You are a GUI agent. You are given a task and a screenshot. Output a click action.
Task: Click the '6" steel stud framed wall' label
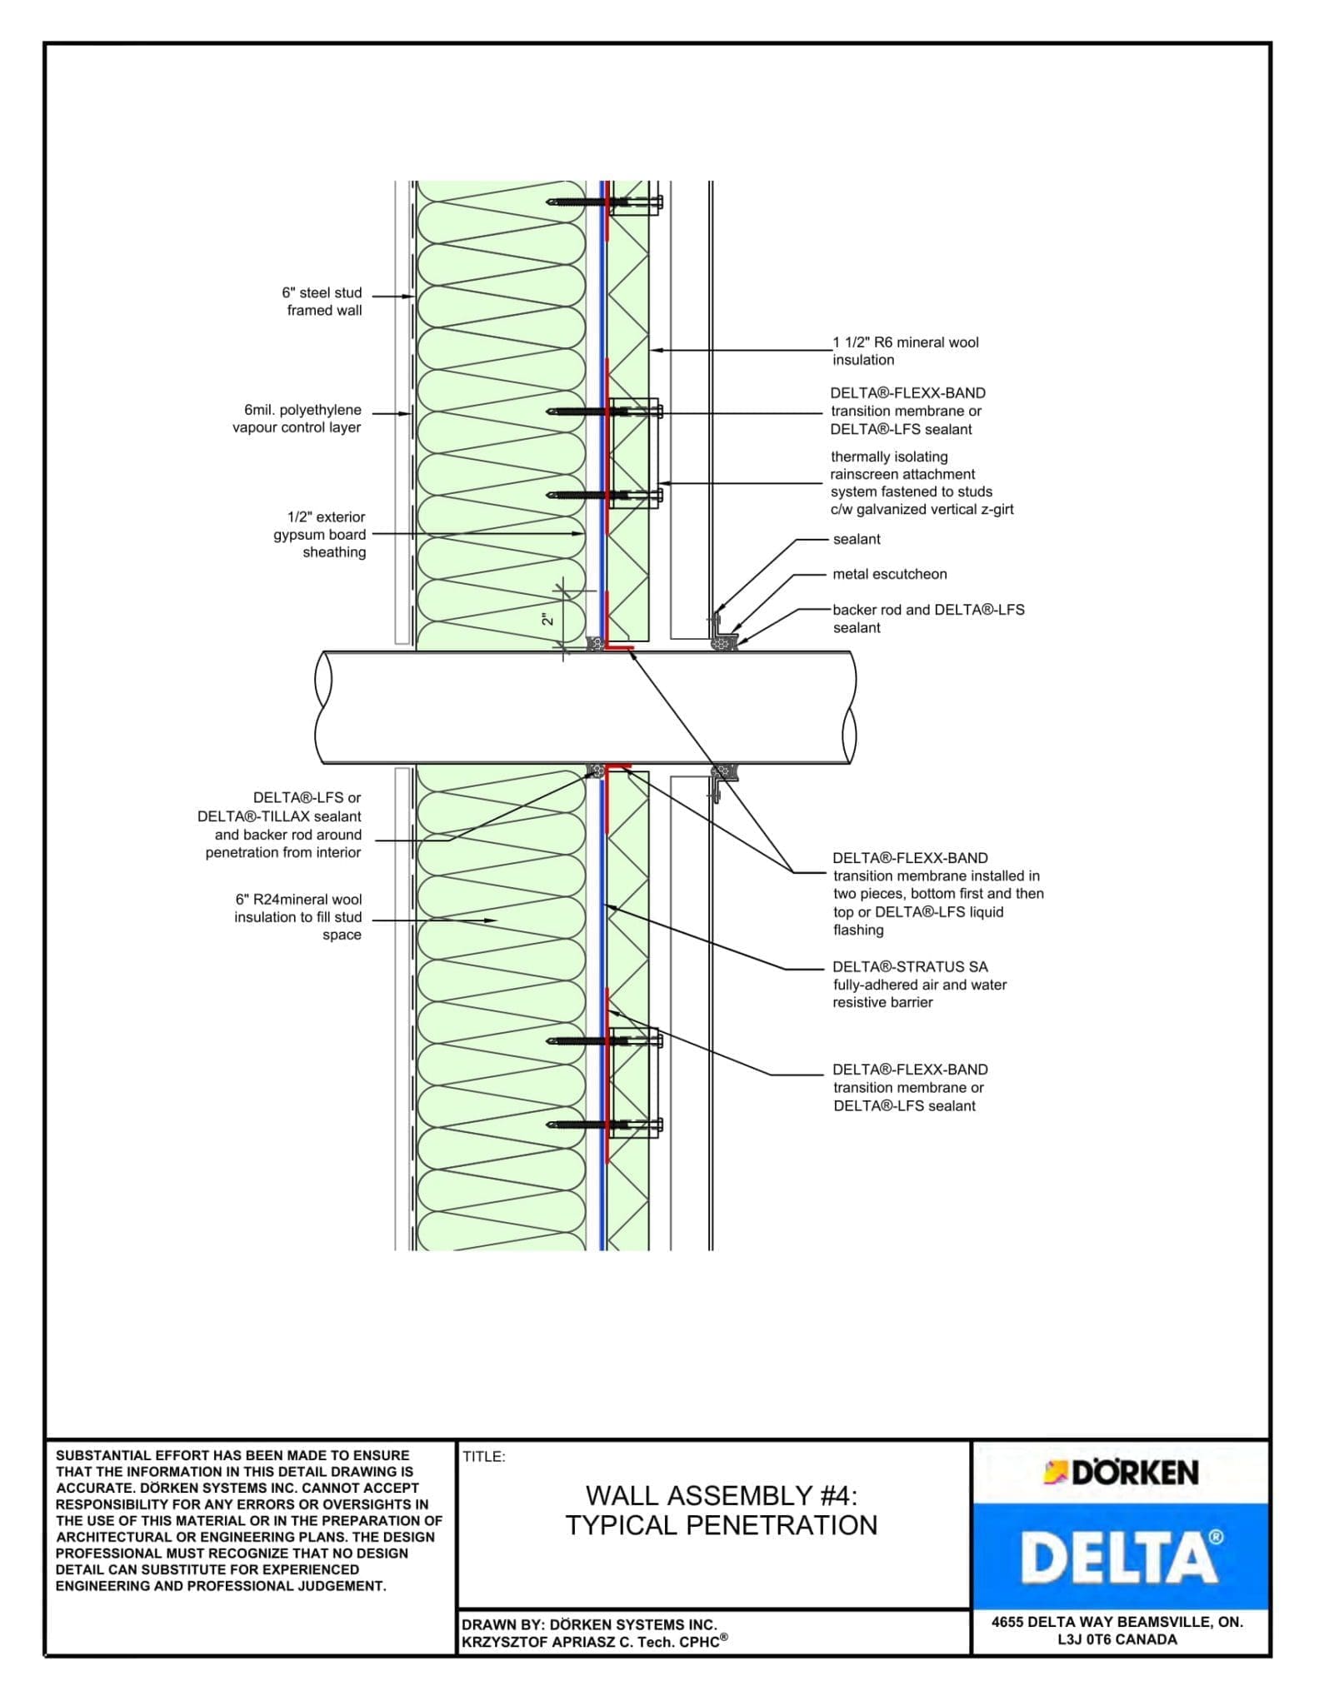323,302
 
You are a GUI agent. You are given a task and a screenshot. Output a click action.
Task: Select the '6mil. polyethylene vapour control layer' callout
297,419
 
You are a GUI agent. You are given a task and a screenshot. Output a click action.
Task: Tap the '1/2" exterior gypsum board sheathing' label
320,534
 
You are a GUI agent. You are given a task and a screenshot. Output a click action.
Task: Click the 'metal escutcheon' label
889,574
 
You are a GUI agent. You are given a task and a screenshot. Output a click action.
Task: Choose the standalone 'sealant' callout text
857,539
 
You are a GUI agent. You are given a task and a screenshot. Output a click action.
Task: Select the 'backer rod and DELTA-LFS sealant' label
927,618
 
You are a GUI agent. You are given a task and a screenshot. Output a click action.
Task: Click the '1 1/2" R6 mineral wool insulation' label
905,351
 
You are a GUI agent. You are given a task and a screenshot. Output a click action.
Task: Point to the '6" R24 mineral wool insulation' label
298,917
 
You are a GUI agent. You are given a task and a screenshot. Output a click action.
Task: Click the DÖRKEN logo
1121,1472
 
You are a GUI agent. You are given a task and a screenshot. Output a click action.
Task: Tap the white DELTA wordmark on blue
1121,1557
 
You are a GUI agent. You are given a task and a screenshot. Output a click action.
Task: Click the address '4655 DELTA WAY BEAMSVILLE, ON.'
1117,1622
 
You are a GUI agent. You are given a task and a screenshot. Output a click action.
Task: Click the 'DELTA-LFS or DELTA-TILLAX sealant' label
280,825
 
